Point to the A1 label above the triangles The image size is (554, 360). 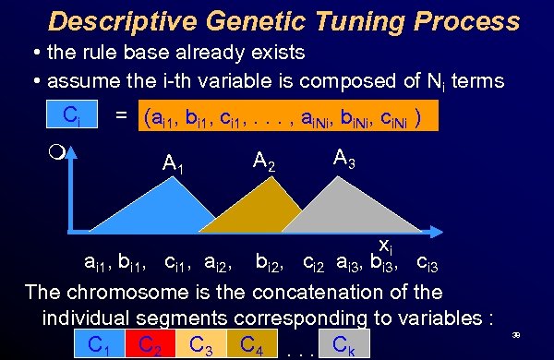[x=173, y=163]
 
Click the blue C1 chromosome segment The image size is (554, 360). [x=93, y=345]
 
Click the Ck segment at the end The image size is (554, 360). [x=343, y=345]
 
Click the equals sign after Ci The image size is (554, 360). [x=120, y=118]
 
